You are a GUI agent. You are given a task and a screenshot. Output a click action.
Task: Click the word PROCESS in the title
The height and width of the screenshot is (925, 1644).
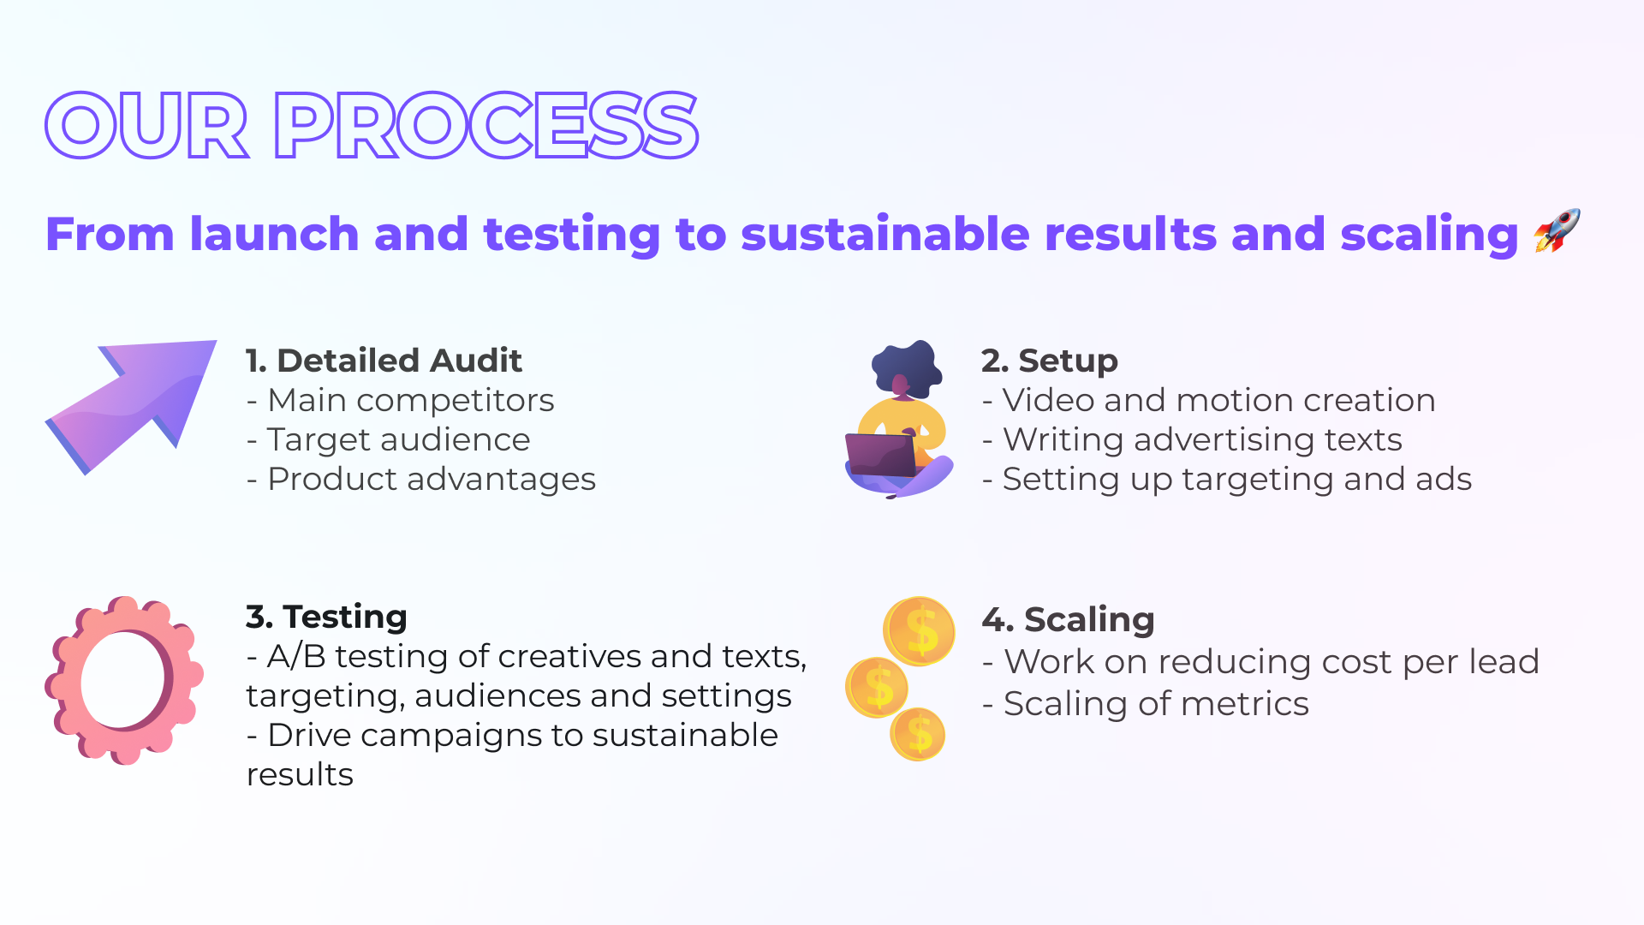pyautogui.click(x=486, y=126)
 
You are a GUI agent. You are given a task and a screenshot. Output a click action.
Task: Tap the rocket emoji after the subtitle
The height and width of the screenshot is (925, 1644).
pyautogui.click(x=1557, y=231)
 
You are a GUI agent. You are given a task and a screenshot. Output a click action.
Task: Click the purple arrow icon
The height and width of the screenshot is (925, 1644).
pyautogui.click(x=131, y=407)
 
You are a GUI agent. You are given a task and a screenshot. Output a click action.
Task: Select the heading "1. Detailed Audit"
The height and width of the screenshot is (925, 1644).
pyautogui.click(x=384, y=361)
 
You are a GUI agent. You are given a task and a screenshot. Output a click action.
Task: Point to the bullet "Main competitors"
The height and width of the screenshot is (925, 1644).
pyautogui.click(x=401, y=400)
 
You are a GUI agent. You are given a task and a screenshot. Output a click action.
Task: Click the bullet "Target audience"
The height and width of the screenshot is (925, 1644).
pyautogui.click(x=389, y=439)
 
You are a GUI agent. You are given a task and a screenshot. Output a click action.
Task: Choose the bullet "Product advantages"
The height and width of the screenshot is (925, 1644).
pyautogui.click(x=421, y=480)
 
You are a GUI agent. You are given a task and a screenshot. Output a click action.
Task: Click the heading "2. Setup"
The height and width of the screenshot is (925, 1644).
pyautogui.click(x=1050, y=361)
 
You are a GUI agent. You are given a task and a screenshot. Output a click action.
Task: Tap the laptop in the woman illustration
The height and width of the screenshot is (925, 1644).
pyautogui.click(x=881, y=455)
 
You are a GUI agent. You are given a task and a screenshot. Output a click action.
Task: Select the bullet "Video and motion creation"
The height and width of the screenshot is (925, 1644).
pyautogui.click(x=1209, y=400)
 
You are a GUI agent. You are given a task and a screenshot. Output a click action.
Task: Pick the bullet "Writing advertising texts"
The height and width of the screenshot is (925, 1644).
pyautogui.click(x=1193, y=439)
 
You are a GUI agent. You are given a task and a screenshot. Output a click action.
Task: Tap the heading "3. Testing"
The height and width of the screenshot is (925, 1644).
pyautogui.click(x=326, y=617)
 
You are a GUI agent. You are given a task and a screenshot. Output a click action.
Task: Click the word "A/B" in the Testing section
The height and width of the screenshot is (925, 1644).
pyautogui.click(x=296, y=656)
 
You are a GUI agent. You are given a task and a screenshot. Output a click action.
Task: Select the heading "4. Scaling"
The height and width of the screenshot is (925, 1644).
pyautogui.click(x=1068, y=619)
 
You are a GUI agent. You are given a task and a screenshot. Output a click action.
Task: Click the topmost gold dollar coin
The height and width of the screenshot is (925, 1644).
pyautogui.click(x=920, y=632)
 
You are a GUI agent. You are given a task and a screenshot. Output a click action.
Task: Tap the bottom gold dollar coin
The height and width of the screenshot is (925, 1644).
pyautogui.click(x=918, y=734)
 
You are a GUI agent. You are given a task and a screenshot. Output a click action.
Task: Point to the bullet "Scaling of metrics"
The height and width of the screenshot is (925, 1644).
pyautogui.click(x=1146, y=704)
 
